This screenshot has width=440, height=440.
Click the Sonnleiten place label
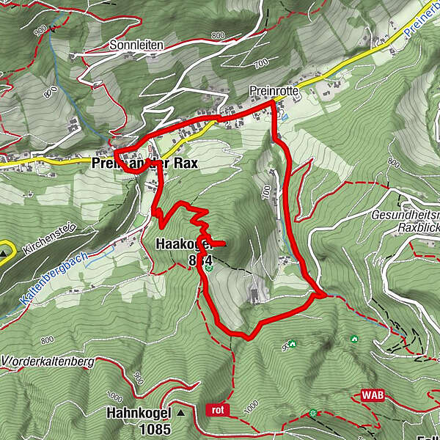(x=136, y=45)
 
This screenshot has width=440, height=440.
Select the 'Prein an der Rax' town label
(x=147, y=164)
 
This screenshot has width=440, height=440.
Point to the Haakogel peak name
(x=183, y=244)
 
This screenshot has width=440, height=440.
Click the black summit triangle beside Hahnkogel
(x=180, y=413)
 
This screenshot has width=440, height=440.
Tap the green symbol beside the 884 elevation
(x=209, y=268)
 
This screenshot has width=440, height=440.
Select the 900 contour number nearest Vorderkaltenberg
(x=138, y=378)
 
